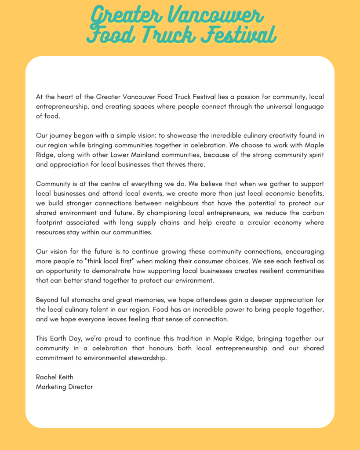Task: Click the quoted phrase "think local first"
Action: (111, 261)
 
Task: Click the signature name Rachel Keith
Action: (55, 377)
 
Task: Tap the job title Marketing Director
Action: (64, 387)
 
